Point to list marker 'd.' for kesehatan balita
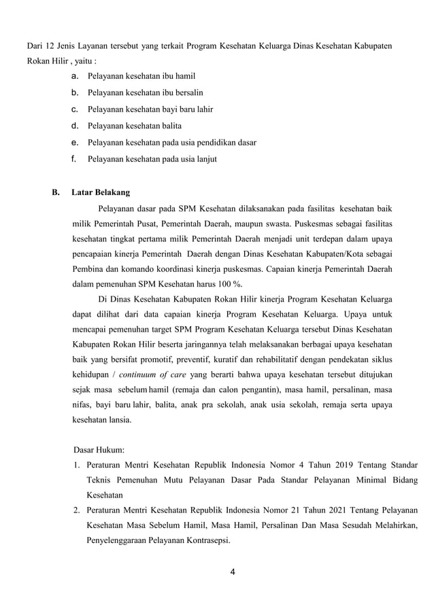click(x=75, y=125)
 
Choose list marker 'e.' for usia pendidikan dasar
click(x=75, y=142)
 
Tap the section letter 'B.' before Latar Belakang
click(x=57, y=192)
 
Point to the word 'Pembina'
click(x=89, y=268)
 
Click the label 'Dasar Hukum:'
click(x=98, y=450)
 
